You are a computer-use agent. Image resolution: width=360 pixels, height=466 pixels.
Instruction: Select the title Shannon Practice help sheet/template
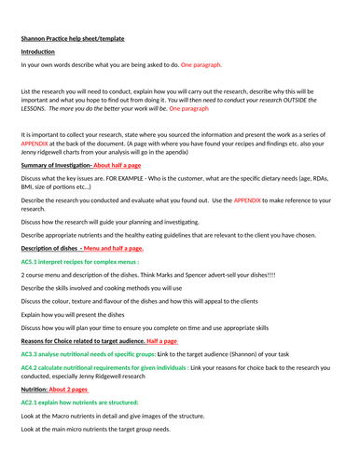[72, 38]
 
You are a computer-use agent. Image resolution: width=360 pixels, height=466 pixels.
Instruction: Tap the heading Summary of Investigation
[55, 165]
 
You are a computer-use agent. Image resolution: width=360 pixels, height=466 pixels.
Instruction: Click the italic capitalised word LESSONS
[36, 108]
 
